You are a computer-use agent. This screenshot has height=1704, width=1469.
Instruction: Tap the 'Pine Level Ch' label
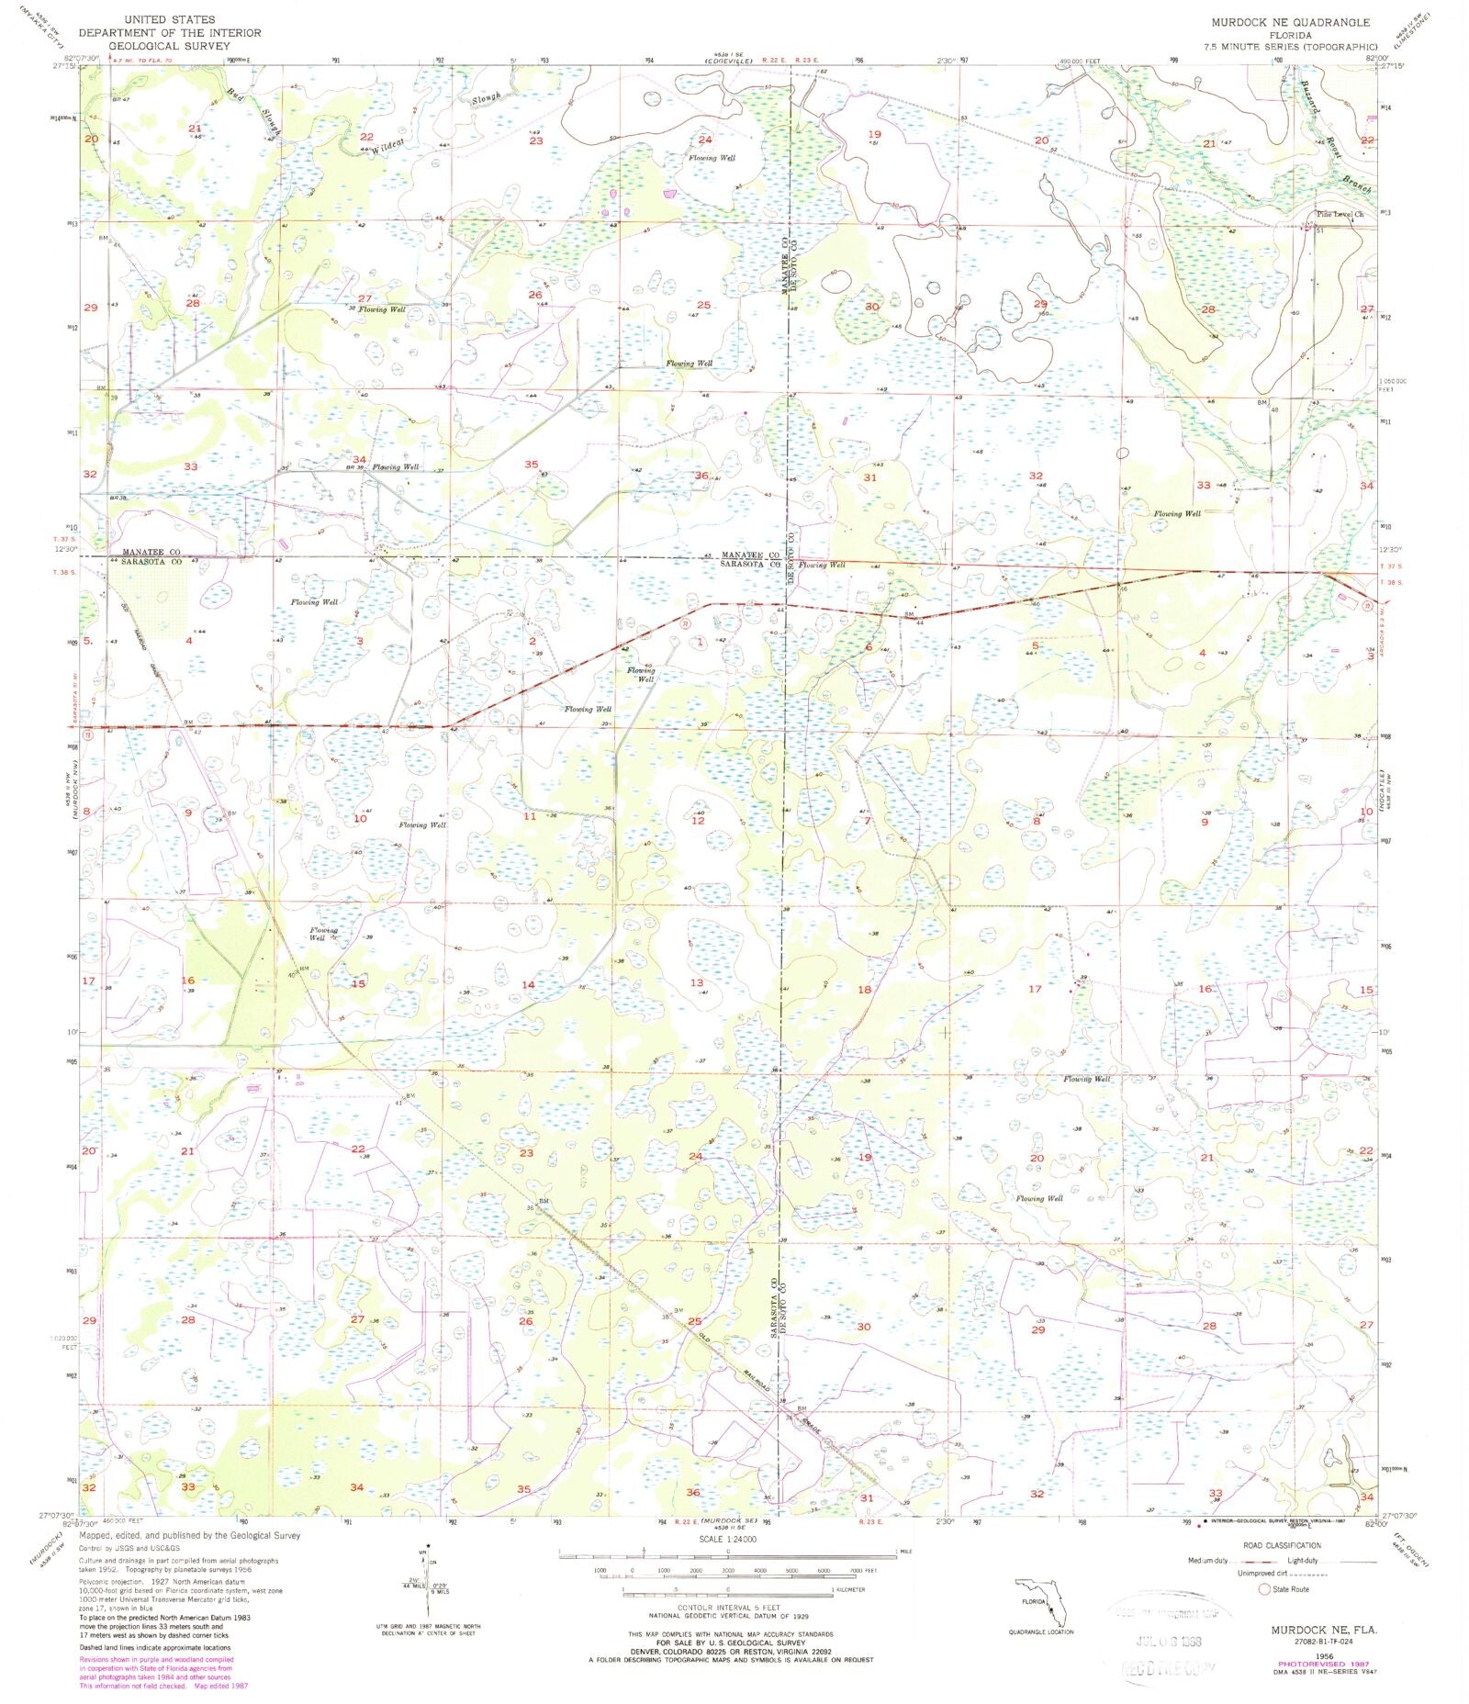[x=1339, y=214]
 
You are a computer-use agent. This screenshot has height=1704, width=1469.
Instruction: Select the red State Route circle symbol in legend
[x=1263, y=1588]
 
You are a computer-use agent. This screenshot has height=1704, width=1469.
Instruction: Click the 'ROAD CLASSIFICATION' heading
[x=1282, y=1546]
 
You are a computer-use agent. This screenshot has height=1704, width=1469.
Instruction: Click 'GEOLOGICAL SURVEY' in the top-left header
[x=169, y=44]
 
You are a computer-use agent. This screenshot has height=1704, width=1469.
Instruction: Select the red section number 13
[x=697, y=982]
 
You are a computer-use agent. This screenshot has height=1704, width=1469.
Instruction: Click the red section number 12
[x=698, y=821]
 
